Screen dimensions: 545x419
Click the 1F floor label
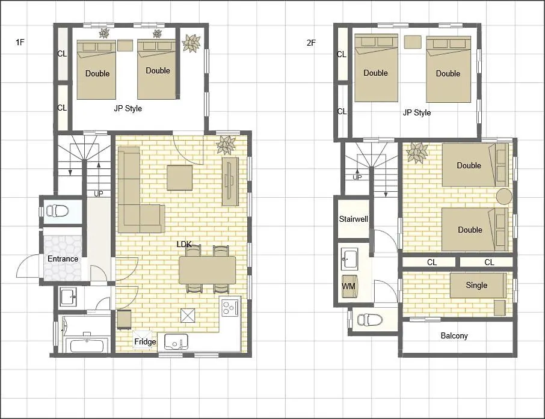[x=20, y=43]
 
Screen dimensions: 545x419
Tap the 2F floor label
[x=311, y=43]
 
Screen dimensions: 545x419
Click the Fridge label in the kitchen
[x=145, y=342]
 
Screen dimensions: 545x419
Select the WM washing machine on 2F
[x=349, y=286]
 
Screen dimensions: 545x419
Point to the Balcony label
[x=454, y=335]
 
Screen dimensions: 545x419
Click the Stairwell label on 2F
[x=354, y=219]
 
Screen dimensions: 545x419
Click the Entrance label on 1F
[x=63, y=258]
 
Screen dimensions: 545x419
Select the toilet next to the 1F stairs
[x=57, y=210]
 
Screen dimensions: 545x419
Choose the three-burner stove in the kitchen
[x=230, y=307]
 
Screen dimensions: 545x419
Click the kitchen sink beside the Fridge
[x=176, y=342]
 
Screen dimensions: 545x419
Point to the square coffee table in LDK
[x=180, y=177]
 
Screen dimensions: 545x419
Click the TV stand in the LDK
[x=230, y=182]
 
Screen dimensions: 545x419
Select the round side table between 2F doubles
[x=504, y=197]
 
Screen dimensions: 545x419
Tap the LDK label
[x=184, y=244]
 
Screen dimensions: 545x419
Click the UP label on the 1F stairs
[x=99, y=194]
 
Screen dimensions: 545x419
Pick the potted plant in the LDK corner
[x=226, y=144]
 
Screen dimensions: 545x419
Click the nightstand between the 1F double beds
[x=125, y=46]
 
